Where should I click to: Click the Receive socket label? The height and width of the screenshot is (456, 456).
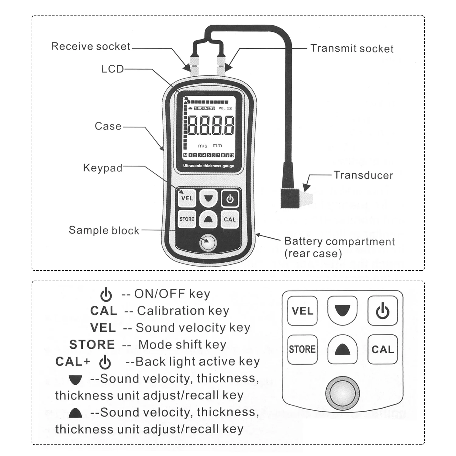[x=91, y=46]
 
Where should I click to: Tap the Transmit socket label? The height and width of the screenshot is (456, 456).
[x=352, y=48]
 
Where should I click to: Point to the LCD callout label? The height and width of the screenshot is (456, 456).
[x=112, y=69]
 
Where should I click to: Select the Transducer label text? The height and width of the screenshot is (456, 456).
[x=363, y=175]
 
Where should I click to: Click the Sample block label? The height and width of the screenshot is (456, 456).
[x=104, y=230]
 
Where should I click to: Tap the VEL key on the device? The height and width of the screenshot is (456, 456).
[x=187, y=198]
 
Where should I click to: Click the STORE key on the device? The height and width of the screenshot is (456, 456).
[x=187, y=219]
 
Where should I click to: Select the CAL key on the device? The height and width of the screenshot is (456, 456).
[x=230, y=219]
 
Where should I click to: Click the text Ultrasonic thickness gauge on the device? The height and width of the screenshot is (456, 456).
[x=209, y=166]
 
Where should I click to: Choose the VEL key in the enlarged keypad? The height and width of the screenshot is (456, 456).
[x=302, y=311]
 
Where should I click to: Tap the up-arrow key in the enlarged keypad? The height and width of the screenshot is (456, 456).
[x=342, y=350]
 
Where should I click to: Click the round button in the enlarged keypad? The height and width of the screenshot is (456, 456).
[x=343, y=393]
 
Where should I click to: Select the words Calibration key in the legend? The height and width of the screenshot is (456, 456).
[x=183, y=311]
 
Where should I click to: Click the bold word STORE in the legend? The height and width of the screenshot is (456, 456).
[x=92, y=344]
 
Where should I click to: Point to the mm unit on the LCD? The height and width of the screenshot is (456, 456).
[x=217, y=146]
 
